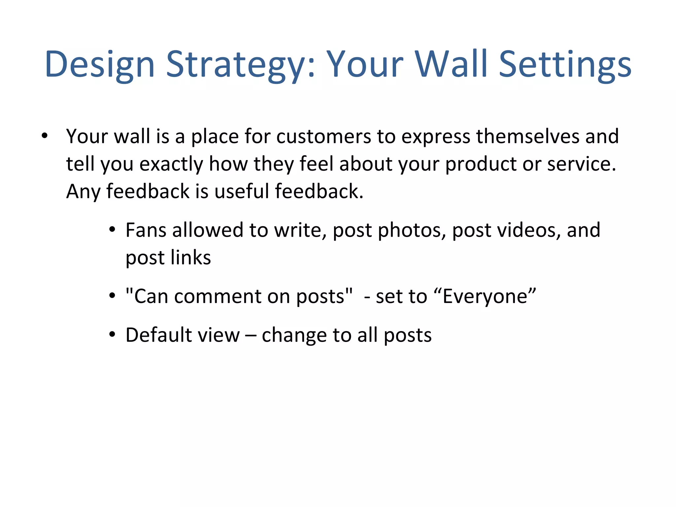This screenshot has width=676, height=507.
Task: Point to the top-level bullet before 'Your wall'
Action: (45, 136)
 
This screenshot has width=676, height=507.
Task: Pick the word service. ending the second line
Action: (582, 164)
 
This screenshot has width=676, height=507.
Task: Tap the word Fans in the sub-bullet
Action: (146, 230)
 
